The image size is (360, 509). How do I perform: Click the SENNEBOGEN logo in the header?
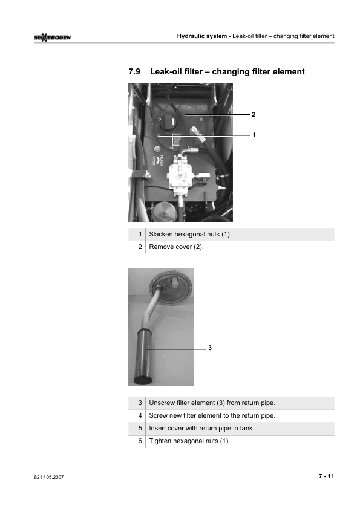(52, 37)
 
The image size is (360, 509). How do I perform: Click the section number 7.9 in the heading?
(134, 72)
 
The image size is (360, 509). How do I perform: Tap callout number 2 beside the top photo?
(254, 114)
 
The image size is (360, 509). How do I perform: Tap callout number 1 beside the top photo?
(254, 135)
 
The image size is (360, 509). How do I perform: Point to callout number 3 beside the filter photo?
(210, 348)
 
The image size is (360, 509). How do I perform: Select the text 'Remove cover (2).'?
(177, 247)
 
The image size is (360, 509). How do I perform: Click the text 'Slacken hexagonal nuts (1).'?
(190, 234)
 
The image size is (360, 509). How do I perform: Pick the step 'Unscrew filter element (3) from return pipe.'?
(212, 403)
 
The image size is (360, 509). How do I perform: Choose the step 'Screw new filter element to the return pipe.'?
(212, 415)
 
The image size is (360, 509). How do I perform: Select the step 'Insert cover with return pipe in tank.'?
(201, 428)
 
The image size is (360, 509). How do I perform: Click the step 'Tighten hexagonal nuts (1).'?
(189, 441)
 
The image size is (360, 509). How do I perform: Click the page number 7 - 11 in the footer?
(326, 476)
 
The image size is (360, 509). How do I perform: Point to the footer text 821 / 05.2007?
(49, 477)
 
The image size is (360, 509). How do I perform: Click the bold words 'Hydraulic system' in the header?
(202, 36)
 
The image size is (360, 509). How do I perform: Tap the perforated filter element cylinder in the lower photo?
(144, 357)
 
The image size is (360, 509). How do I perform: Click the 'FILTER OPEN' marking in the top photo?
(158, 160)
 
